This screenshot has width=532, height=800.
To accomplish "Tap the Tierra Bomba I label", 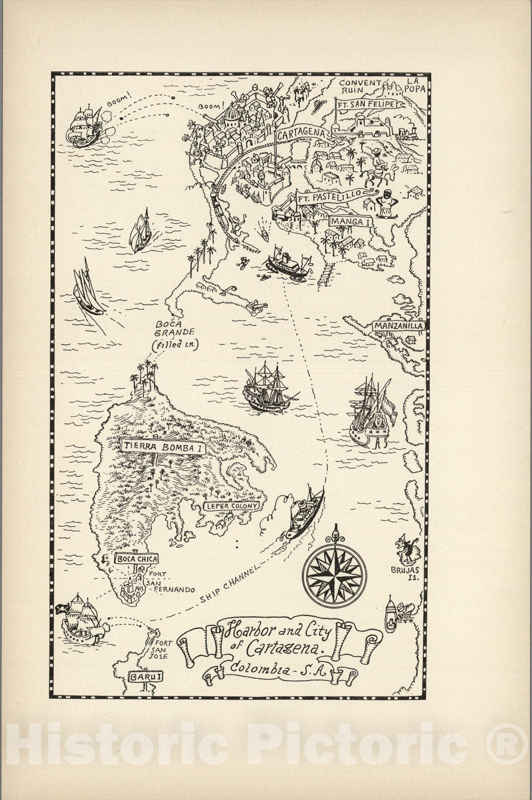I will point(163,447).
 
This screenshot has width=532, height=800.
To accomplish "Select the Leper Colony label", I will point(232,506).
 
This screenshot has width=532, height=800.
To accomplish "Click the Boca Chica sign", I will point(137,559).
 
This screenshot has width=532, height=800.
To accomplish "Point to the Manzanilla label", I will point(399,326).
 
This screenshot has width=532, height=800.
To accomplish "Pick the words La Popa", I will point(415,84).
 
